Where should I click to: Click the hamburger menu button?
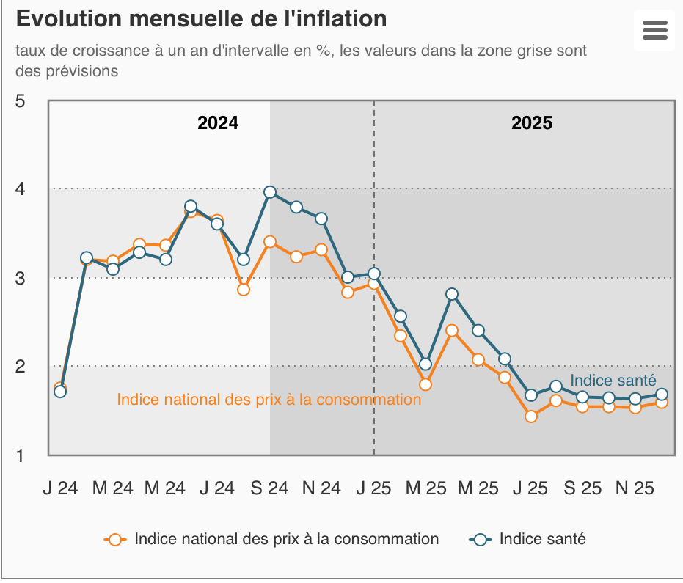[x=654, y=30]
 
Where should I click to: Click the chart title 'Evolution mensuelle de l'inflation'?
[x=201, y=19]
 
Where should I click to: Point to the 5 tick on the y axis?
[x=21, y=100]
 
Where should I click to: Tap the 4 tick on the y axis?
[x=21, y=189]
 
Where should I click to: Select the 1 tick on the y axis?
[x=21, y=455]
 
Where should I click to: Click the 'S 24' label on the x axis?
[x=270, y=488]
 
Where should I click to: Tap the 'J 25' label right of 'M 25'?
[x=530, y=488]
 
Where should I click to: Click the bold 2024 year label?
[x=218, y=123]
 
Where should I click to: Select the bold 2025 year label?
[x=532, y=123]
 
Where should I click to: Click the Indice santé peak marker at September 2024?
[x=270, y=192]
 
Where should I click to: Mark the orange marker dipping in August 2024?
[x=244, y=290]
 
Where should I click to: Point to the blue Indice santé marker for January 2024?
[x=60, y=392]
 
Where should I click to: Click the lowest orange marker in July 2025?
[x=531, y=417]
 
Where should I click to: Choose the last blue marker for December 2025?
[x=661, y=395]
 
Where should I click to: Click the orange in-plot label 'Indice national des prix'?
[x=269, y=400]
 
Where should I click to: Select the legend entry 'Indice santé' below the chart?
[x=542, y=539]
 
